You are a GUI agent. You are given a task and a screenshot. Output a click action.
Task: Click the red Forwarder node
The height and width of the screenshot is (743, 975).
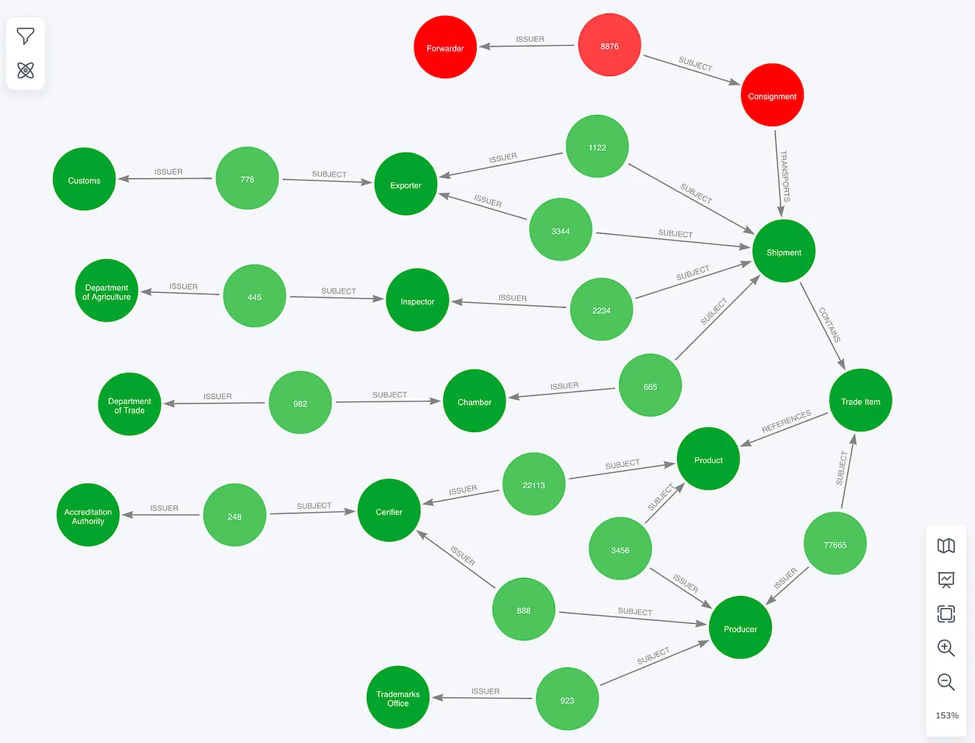pos(445,47)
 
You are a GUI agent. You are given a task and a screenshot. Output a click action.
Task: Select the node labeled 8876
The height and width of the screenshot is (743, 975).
pos(610,45)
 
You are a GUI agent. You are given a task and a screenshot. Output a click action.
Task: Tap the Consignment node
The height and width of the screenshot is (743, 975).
pos(772,95)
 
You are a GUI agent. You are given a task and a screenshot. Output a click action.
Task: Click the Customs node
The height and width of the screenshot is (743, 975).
pos(84,179)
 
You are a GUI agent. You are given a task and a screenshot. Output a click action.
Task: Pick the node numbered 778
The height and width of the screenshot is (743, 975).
pos(247,178)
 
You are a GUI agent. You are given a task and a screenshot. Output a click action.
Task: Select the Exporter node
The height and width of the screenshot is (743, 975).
pos(406,184)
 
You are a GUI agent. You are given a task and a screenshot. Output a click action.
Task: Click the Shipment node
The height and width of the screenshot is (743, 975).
pos(783,251)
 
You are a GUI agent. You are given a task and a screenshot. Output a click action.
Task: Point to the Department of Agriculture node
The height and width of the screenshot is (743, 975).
pos(106,291)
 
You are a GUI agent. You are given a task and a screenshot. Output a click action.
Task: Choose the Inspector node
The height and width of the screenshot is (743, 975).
pos(417,300)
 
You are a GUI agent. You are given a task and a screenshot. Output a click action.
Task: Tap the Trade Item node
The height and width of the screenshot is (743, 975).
pos(860,400)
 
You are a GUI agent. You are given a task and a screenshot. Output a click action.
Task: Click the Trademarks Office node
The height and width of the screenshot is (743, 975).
pos(398,697)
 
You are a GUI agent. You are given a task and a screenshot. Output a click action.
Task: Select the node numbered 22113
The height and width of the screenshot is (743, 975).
pos(533,484)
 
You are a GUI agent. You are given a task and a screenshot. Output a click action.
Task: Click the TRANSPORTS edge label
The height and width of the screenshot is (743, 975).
pos(785,177)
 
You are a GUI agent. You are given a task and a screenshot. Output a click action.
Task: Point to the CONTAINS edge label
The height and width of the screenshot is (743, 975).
pos(829,324)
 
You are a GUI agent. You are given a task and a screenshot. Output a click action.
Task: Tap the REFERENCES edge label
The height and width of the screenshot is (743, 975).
pos(786,421)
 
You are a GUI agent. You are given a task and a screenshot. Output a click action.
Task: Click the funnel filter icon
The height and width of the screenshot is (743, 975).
pos(25,36)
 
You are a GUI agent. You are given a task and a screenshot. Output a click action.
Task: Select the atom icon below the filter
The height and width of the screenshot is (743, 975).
pos(25,70)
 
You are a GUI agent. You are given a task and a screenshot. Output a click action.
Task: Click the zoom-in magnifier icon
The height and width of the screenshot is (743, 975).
pos(946,648)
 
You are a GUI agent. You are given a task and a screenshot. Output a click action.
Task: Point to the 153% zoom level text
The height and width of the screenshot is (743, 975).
pos(947,716)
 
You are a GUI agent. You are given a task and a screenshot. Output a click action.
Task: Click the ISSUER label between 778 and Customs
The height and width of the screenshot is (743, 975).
pos(168,172)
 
